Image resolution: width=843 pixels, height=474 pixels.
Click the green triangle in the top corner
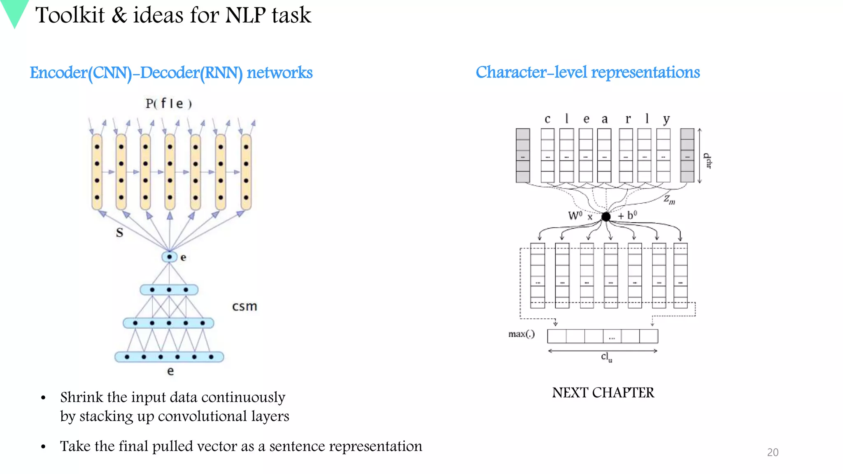point(15,11)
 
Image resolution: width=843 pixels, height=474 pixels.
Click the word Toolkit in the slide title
point(70,16)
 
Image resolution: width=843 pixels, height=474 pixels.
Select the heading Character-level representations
point(587,72)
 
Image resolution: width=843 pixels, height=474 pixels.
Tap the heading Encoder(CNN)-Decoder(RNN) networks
point(171,73)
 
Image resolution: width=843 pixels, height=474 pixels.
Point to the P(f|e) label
point(169,103)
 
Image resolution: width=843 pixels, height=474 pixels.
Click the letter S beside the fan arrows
point(119,233)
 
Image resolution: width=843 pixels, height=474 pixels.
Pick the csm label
point(245,307)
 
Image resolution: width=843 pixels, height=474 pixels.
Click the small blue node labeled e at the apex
point(169,257)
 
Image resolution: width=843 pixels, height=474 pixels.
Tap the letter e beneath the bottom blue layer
point(170,371)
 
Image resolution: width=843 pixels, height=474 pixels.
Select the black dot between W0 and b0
point(606,216)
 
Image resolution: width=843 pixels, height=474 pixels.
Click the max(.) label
point(521,334)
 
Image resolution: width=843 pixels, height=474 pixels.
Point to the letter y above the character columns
point(666,119)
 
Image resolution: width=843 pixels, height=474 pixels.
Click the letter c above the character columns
point(547,119)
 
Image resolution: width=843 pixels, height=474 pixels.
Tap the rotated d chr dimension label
point(708,161)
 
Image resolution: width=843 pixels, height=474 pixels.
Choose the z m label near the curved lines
point(669,200)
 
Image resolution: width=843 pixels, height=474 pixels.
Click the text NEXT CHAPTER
point(603,393)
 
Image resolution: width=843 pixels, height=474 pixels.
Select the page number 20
point(773,452)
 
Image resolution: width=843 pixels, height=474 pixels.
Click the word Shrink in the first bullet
point(82,397)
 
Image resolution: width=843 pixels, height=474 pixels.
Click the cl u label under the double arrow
point(606,357)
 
